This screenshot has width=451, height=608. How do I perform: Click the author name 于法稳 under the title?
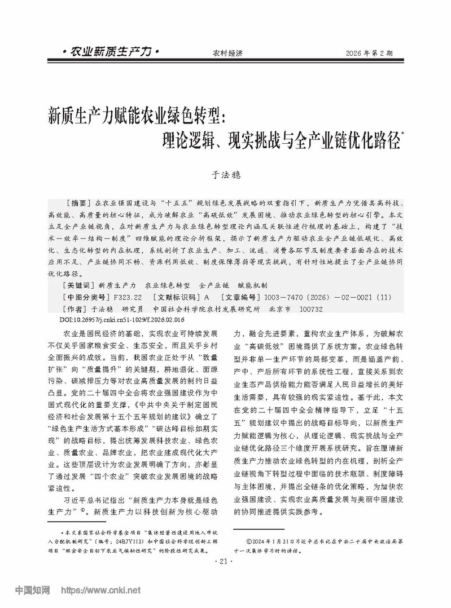tap(225, 175)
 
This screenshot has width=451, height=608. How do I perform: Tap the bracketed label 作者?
tap(76, 309)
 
